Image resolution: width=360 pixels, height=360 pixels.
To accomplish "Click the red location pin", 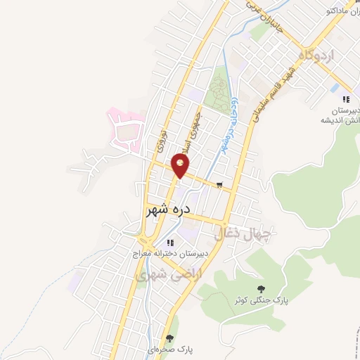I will pos(181,166).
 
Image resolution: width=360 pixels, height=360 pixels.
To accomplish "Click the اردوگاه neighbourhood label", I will pos(319,55).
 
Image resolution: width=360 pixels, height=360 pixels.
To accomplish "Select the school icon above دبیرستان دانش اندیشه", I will pos(345,98).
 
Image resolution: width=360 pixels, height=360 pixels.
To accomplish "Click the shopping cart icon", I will pos(220,186).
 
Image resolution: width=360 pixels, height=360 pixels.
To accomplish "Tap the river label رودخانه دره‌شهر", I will pos(228,134).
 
